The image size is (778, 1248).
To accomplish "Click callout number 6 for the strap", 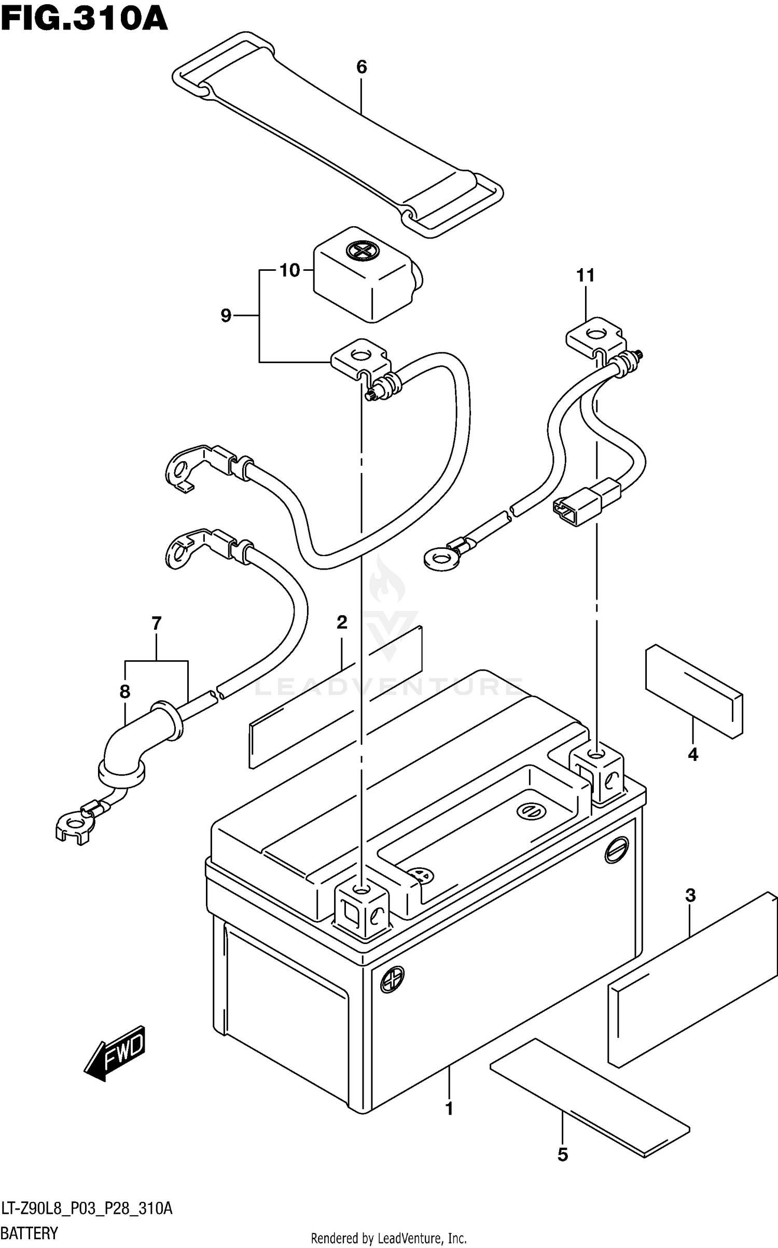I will click(362, 67).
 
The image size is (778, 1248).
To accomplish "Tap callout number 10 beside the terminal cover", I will click(290, 270).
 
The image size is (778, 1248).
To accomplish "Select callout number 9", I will click(226, 315).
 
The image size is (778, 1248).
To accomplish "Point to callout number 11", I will click(586, 275).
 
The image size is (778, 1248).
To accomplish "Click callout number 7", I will click(156, 623).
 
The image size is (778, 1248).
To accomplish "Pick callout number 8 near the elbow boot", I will click(124, 691).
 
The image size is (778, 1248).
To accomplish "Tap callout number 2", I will click(341, 622).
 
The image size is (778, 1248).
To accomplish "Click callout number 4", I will click(693, 755).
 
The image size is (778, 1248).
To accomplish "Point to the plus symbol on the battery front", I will click(392, 980).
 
